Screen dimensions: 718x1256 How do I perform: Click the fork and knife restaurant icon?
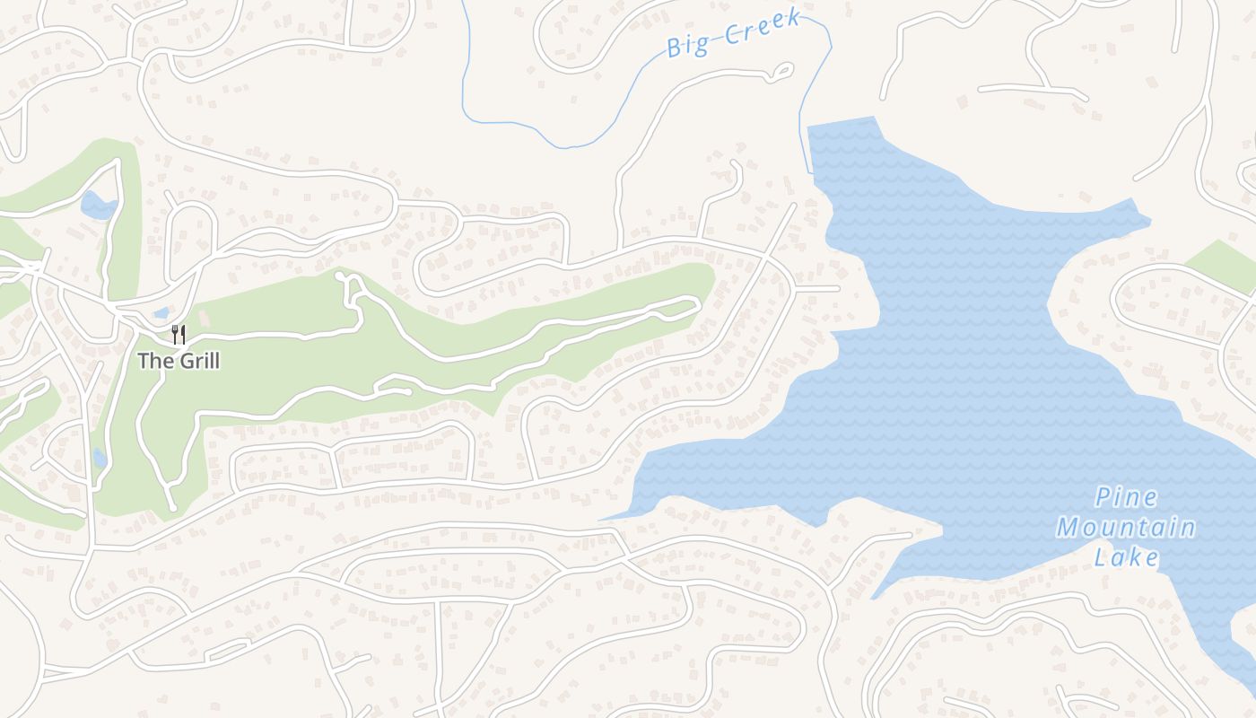(x=179, y=335)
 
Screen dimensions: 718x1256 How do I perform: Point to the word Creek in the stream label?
(x=762, y=28)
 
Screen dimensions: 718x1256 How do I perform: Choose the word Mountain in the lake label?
(x=1126, y=528)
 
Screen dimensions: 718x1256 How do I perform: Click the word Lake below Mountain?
(x=1127, y=557)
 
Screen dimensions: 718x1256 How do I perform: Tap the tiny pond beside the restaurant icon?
(x=161, y=313)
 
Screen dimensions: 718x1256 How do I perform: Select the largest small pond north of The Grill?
(x=99, y=206)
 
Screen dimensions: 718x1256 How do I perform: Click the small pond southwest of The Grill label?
(x=100, y=459)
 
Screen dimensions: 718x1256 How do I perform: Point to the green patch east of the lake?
(x=1225, y=264)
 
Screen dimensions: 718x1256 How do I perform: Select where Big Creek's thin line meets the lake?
(x=810, y=171)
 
